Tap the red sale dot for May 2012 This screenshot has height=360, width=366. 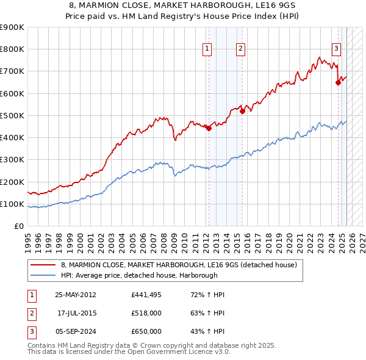(x=209, y=128)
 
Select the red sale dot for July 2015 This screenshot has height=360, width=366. (x=242, y=111)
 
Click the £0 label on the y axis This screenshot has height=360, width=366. (x=20, y=226)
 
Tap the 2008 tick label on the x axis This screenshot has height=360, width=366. (x=164, y=238)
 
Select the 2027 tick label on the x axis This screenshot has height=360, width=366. (x=362, y=238)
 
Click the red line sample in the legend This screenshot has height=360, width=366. (x=43, y=265)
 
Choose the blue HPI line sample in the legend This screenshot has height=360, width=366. (x=43, y=275)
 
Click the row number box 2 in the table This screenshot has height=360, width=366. (x=32, y=314)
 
